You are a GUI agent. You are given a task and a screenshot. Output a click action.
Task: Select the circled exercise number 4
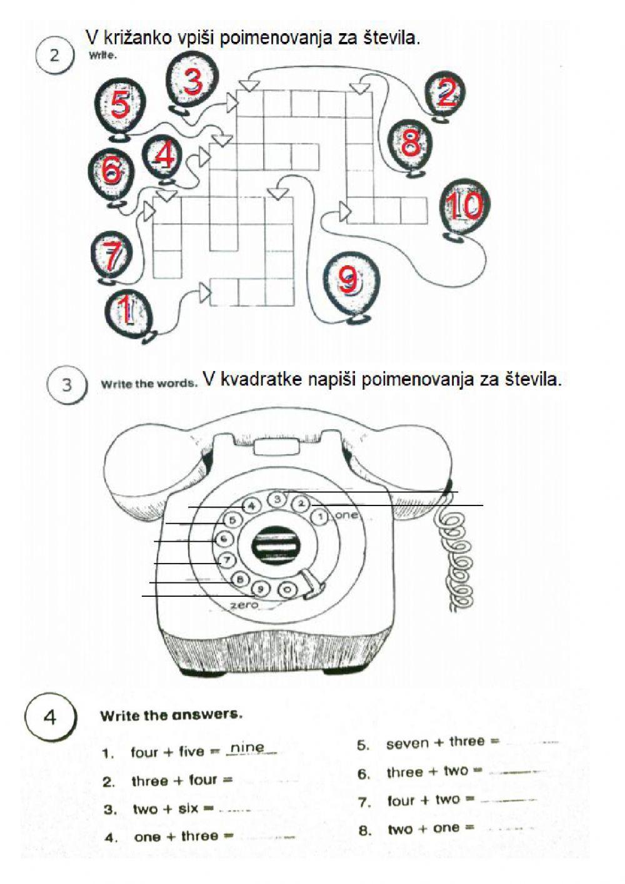[50, 716]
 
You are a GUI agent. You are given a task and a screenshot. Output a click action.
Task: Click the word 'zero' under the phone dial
[244, 605]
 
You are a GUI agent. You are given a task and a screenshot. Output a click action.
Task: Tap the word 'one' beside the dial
[346, 515]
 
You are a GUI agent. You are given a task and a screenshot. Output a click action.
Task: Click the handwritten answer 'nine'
[247, 748]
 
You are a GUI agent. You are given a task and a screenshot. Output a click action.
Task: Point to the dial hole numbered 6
[224, 539]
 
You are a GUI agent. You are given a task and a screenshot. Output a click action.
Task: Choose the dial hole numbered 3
[278, 499]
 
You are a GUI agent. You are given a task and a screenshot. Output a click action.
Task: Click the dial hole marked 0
[287, 589]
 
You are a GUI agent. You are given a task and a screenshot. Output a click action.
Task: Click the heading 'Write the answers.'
[171, 714]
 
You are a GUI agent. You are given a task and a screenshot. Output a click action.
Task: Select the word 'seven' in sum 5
[407, 743]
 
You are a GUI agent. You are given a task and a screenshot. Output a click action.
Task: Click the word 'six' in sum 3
[188, 808]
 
